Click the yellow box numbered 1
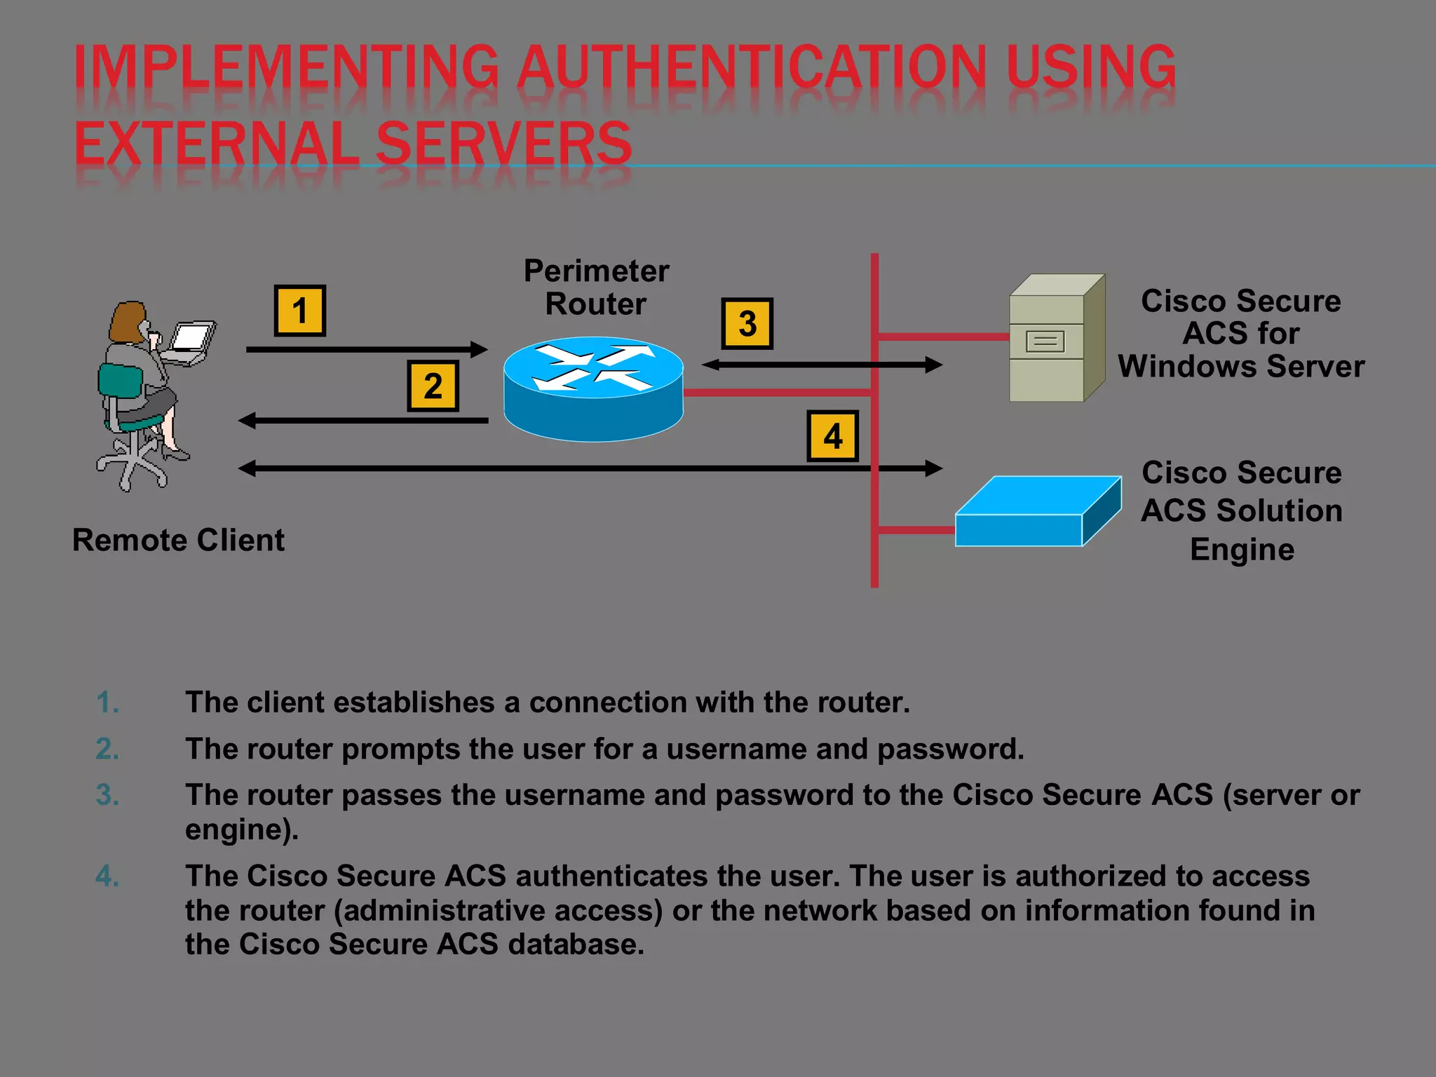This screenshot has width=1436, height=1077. pos(299,311)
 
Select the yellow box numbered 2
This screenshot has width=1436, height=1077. pos(433,386)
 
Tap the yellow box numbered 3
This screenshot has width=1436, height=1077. pos(747,324)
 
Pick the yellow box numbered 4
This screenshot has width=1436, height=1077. pos(832,436)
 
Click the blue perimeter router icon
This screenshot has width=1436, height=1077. pos(593,390)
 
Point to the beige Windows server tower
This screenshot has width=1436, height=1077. pos(1055,340)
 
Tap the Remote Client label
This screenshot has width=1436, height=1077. pos(178,541)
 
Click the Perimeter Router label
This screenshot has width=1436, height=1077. pos(596,287)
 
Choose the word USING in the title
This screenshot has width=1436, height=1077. pos(1091,67)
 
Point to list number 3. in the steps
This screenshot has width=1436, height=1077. pos(107,795)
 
